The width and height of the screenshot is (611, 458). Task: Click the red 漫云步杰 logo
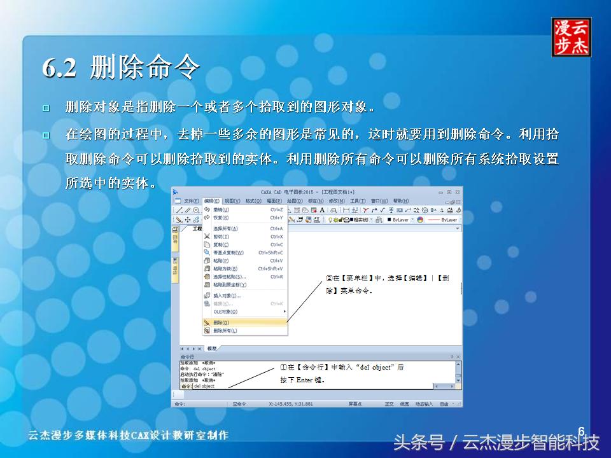[x=571, y=38]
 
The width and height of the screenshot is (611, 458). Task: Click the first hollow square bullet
[x=45, y=108]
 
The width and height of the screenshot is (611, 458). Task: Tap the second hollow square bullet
[x=45, y=135]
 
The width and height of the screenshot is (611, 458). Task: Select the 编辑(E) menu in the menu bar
[x=211, y=201]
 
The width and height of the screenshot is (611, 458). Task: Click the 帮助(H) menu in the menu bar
[x=401, y=201]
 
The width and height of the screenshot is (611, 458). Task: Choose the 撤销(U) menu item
[x=221, y=209]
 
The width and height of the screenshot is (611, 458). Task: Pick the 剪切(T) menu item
[x=221, y=237]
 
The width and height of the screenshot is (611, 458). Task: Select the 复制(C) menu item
[x=221, y=244]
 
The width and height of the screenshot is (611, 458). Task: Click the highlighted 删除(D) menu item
[x=221, y=323]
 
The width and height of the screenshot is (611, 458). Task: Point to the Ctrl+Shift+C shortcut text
[x=270, y=253]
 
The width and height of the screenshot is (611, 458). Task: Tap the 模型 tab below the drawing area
[x=212, y=349]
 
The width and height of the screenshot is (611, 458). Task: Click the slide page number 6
[x=581, y=430]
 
